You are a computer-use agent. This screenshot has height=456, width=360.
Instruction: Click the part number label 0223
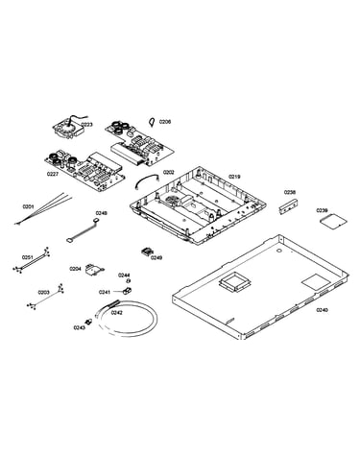[86, 125]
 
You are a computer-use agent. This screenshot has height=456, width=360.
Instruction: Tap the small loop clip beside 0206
[153, 122]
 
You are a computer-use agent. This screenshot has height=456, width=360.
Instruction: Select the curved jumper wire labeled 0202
[147, 180]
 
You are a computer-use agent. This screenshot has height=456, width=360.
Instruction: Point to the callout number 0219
[234, 177]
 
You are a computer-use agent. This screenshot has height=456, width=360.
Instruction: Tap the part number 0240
[323, 310]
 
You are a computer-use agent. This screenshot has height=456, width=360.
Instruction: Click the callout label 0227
[53, 174]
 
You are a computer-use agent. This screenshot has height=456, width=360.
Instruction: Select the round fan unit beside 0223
[68, 130]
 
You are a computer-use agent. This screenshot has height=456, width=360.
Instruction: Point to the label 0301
[28, 206]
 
